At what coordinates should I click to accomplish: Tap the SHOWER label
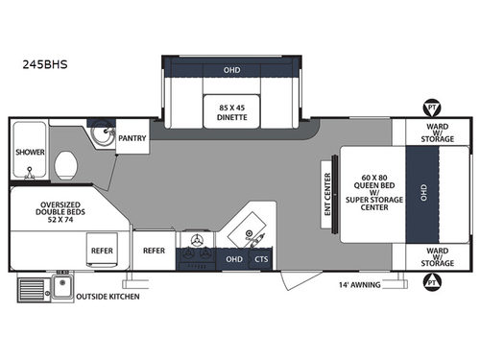click(28, 151)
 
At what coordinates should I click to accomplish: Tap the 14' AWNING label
click(362, 285)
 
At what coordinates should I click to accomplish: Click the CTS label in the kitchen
click(260, 258)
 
